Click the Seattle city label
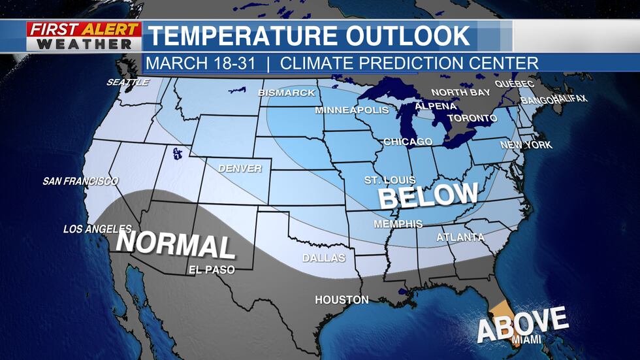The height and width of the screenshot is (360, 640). (x=128, y=82)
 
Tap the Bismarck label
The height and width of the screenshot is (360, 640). (x=287, y=93)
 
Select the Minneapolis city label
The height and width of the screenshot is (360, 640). (x=352, y=110)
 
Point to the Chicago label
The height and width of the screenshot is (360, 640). (x=408, y=142)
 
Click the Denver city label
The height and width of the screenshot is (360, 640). (x=240, y=169)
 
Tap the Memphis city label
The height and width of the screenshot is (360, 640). (x=398, y=224)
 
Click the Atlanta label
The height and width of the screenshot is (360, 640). (x=460, y=237)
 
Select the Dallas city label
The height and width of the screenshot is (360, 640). (x=324, y=258)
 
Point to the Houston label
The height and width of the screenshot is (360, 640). (x=342, y=300)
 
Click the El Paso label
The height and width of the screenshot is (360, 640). (x=210, y=269)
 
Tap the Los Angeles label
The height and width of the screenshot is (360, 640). (x=97, y=229)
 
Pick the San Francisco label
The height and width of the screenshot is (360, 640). (x=80, y=181)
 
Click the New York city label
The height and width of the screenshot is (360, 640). (x=526, y=145)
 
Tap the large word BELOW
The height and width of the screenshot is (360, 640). (x=428, y=195)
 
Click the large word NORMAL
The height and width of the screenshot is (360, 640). (x=175, y=245)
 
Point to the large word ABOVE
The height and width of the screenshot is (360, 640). (x=522, y=323)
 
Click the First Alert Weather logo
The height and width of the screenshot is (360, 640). (x=84, y=37)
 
